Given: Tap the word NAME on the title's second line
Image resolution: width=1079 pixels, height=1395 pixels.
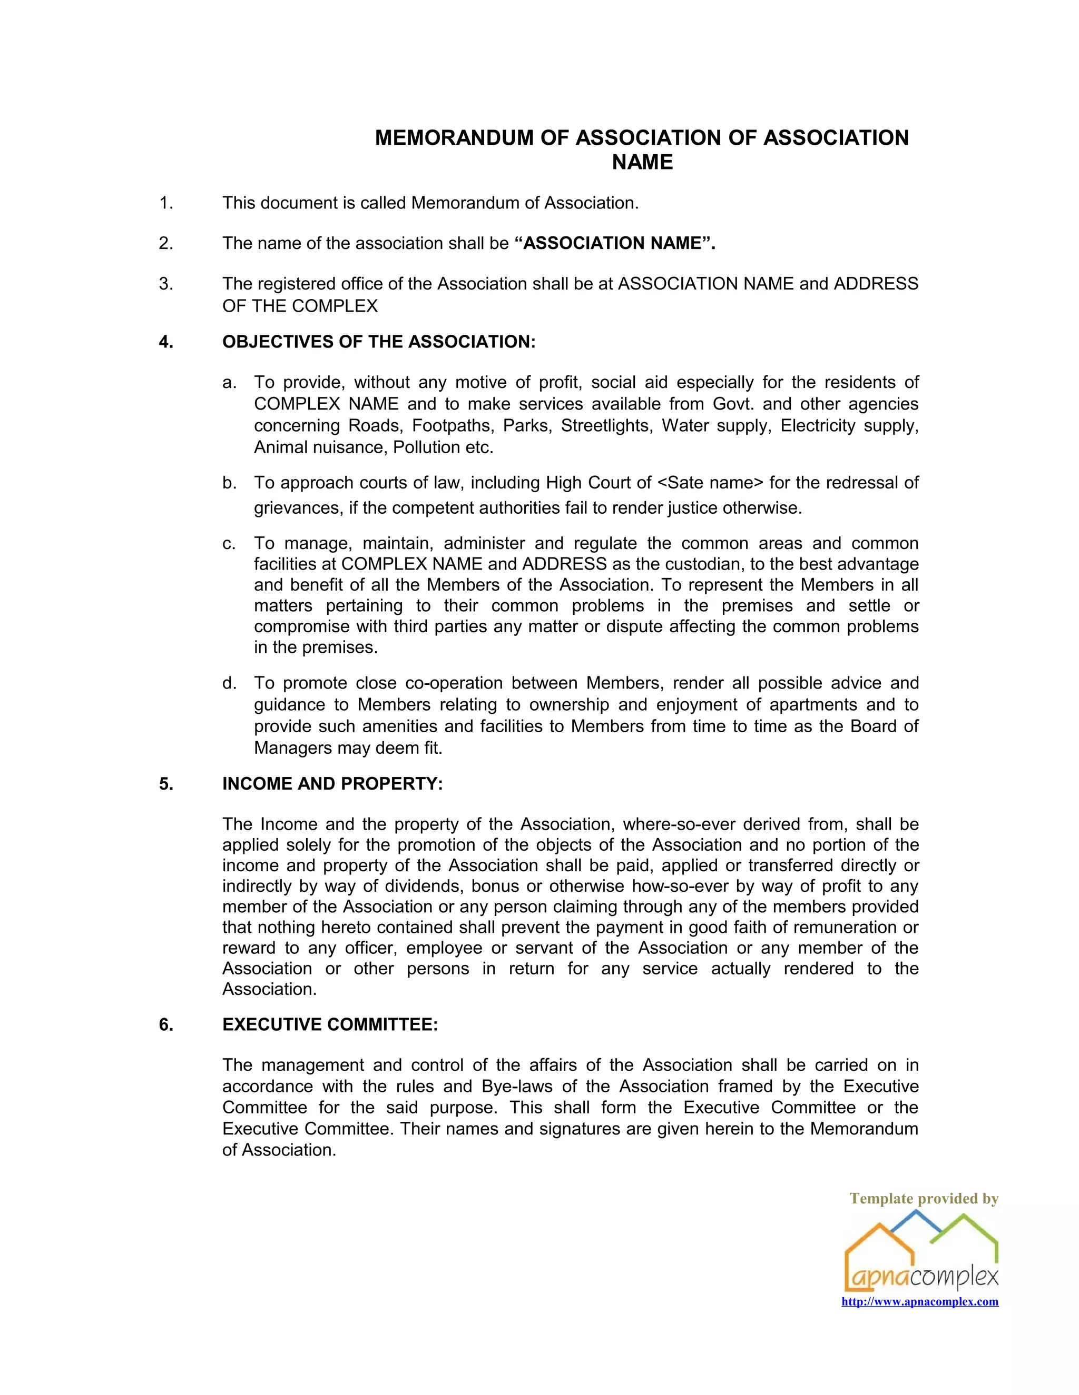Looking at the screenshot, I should [x=642, y=162].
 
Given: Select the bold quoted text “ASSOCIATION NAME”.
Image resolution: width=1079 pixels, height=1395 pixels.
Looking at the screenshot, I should [x=614, y=243].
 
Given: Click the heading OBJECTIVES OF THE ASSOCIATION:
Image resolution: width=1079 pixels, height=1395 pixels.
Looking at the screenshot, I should [x=378, y=342].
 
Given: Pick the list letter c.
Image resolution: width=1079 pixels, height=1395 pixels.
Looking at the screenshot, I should [x=229, y=544].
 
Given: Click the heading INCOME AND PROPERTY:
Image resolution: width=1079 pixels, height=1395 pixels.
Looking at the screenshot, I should [x=332, y=784].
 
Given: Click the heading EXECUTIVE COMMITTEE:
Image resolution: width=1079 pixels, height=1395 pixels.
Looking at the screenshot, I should [x=330, y=1024].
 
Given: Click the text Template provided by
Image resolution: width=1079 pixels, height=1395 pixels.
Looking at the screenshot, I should [x=923, y=1198].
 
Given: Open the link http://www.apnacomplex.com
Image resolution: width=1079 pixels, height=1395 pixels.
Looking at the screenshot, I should [x=919, y=1302].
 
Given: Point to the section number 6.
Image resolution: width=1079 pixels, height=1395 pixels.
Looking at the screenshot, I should [x=165, y=1024].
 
